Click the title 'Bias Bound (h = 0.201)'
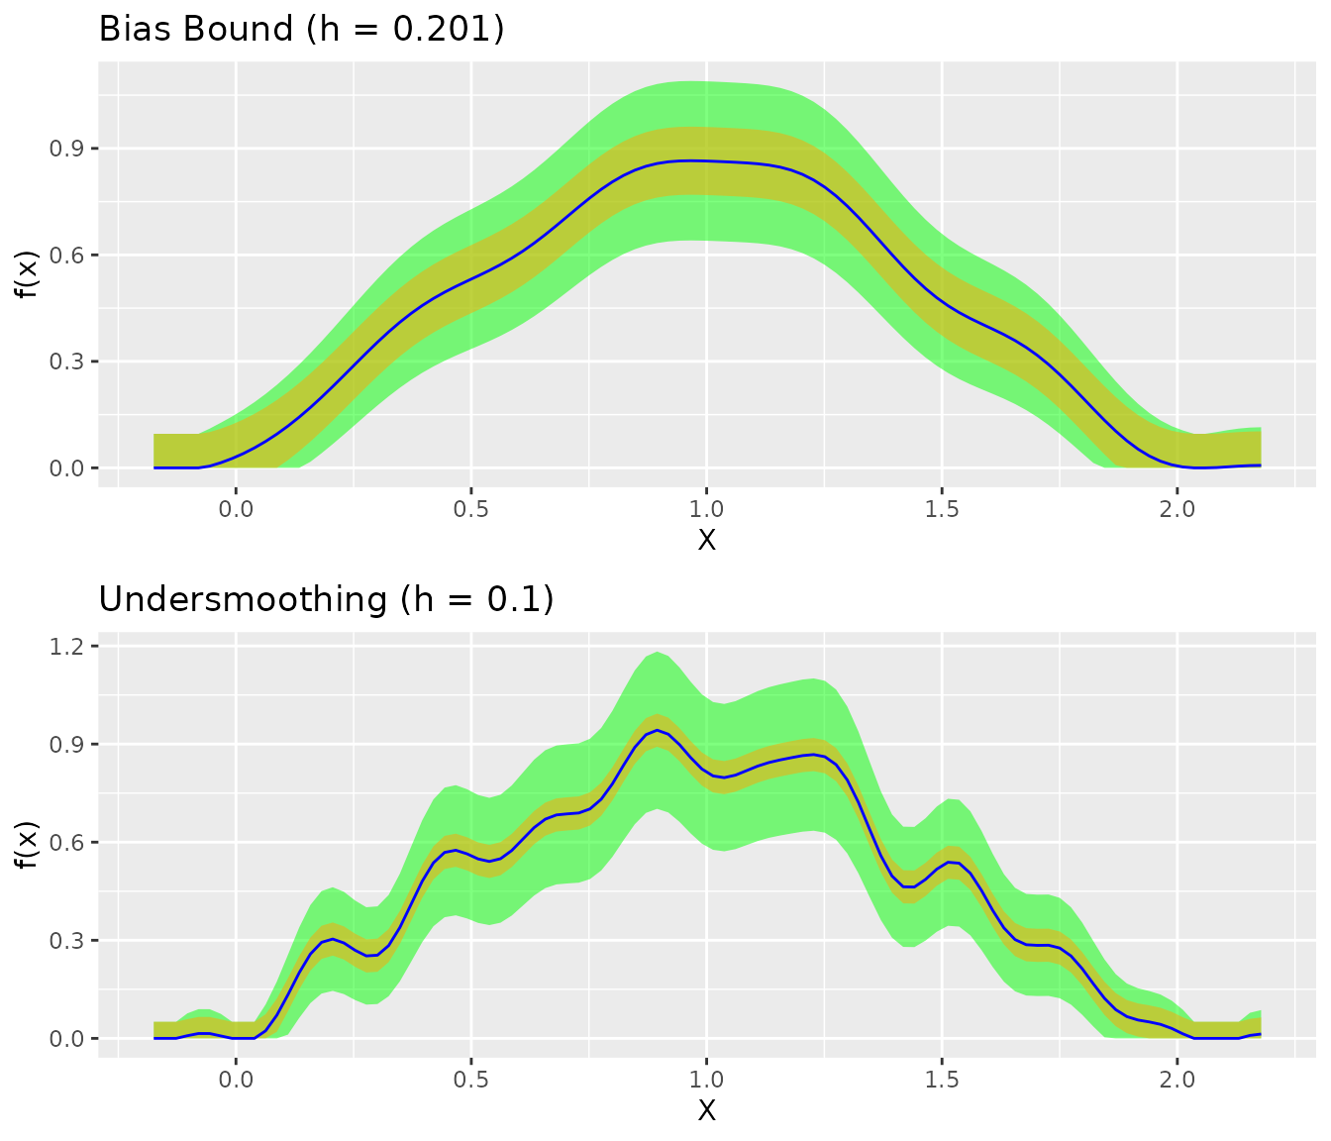point(302,29)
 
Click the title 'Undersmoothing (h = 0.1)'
point(326,599)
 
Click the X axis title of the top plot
point(706,540)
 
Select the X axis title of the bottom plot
point(706,1110)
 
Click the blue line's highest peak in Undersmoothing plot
point(657,730)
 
